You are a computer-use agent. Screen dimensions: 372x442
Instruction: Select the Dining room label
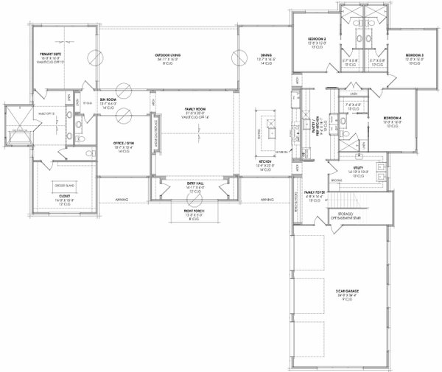coord(264,55)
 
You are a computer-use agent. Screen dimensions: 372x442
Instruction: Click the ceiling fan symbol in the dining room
coord(237,57)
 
